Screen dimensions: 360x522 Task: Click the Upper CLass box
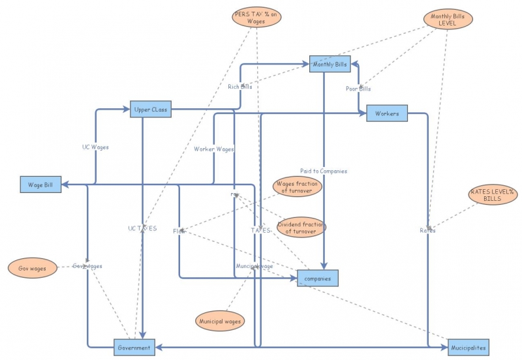pos(151,110)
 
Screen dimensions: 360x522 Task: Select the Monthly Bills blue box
pos(330,63)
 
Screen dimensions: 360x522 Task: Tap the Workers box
pos(387,113)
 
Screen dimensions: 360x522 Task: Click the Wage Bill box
pos(40,185)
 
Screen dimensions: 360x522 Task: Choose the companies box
pos(318,278)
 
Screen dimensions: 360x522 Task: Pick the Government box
pos(134,348)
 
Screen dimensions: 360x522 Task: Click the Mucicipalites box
pos(468,348)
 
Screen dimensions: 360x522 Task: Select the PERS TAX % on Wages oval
pos(256,18)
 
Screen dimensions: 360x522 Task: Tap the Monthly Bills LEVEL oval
pos(448,19)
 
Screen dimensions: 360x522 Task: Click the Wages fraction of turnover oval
pos(298,188)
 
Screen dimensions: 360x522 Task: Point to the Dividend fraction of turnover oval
pos(301,227)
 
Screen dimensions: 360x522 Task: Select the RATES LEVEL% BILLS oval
pos(493,194)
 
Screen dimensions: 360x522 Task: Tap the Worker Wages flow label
pos(213,149)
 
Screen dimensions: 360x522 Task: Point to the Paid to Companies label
pos(324,171)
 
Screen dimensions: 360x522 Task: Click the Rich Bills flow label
pos(239,86)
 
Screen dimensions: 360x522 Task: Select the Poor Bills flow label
pos(358,89)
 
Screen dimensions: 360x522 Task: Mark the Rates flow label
pos(427,230)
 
